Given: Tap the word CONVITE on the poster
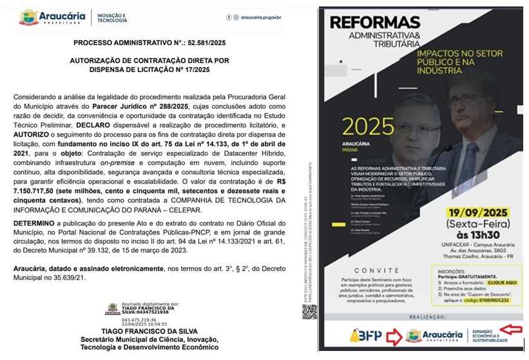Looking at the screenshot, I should [374, 271].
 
